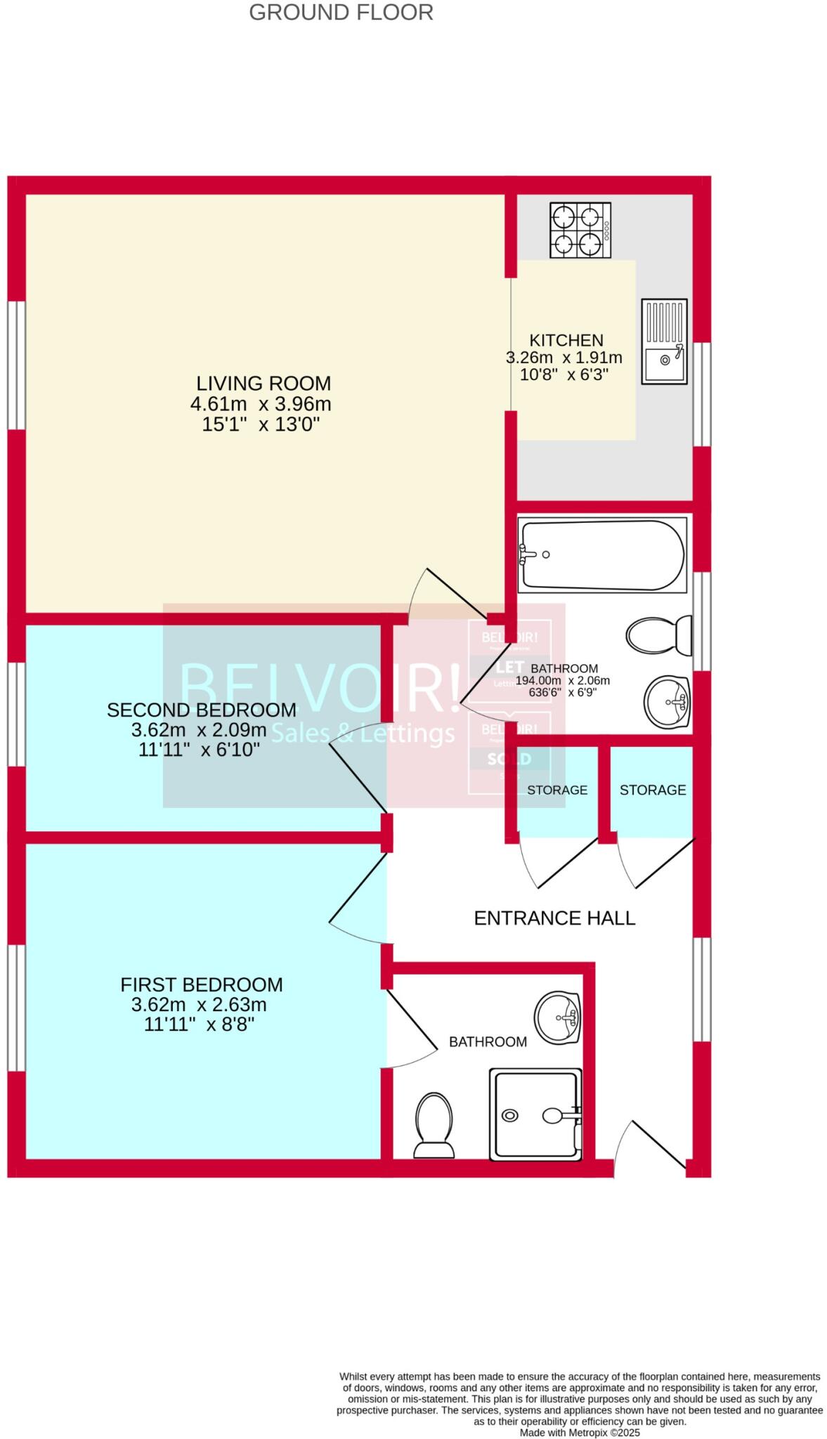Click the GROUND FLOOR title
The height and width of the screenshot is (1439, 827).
341,12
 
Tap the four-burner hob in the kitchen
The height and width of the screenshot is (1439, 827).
580,230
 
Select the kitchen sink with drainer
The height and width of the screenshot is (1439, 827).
663,341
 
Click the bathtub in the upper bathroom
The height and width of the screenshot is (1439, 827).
601,554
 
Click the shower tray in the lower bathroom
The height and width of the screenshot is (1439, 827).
536,1114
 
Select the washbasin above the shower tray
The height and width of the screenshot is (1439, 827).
557,1017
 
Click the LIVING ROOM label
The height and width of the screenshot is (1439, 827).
263,384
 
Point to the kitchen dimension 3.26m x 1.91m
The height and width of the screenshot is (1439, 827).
564,357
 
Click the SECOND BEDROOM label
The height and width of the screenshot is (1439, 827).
201,710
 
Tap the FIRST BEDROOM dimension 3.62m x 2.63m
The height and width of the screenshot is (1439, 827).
199,1005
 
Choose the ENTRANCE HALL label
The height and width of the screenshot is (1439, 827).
554,918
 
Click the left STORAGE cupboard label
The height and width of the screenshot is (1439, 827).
556,790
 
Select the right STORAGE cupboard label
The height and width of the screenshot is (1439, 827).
652,790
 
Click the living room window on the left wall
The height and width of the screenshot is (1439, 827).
16,365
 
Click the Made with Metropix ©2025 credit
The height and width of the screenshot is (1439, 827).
579,1432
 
